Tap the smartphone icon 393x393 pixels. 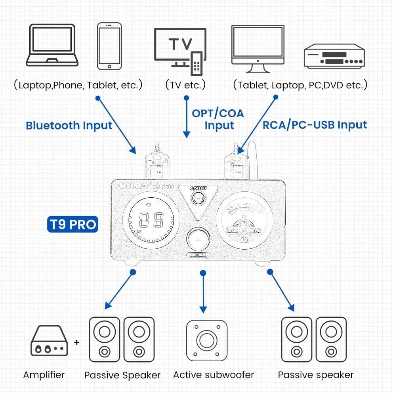click(x=109, y=46)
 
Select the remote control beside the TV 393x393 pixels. click(x=196, y=63)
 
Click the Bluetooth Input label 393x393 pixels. click(x=69, y=126)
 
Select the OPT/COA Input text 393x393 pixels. click(x=218, y=119)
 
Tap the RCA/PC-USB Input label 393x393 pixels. click(x=315, y=125)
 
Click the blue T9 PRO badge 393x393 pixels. click(x=72, y=224)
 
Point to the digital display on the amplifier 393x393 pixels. click(x=148, y=220)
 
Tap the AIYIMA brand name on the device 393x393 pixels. click(x=132, y=186)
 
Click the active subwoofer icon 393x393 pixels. click(x=207, y=340)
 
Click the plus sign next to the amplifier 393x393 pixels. click(x=77, y=342)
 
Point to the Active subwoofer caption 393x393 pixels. click(x=214, y=374)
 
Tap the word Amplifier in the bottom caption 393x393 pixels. click(x=44, y=374)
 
